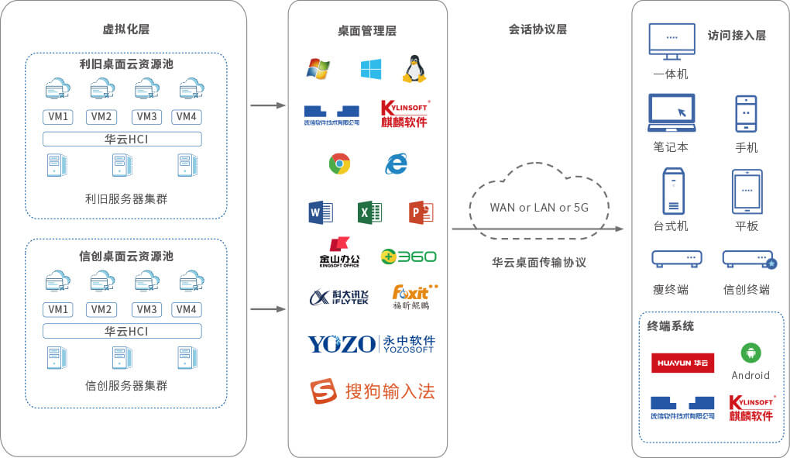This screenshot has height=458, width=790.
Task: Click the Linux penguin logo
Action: tap(414, 69)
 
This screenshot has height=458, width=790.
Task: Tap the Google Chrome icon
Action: tap(339, 164)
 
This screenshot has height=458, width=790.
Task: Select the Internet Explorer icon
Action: tap(397, 164)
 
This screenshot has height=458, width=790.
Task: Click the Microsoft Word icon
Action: tap(321, 212)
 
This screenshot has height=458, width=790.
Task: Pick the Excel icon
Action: tap(369, 212)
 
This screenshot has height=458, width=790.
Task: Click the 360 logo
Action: tap(408, 257)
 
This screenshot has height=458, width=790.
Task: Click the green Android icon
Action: tap(750, 353)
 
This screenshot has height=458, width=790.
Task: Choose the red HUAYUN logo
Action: tap(682, 363)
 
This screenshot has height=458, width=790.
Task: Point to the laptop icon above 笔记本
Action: tap(671, 113)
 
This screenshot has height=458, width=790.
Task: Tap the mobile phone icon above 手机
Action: tap(746, 114)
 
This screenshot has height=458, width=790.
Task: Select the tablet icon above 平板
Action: tap(747, 191)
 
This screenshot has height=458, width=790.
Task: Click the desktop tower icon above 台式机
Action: tap(673, 191)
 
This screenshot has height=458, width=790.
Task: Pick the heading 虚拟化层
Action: tap(125, 29)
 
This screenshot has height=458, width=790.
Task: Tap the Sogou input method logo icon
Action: tap(323, 391)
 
